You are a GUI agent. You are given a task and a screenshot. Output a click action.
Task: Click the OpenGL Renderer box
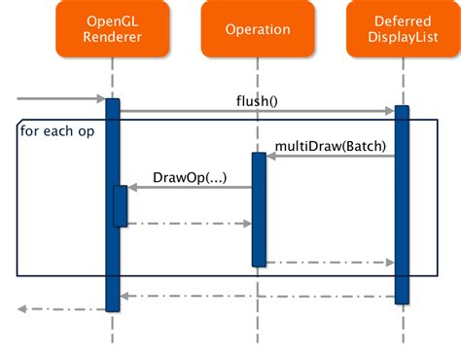[113, 29]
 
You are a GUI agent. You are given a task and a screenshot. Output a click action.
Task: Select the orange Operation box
[258, 29]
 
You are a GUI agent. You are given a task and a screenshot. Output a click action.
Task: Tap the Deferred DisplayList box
[404, 29]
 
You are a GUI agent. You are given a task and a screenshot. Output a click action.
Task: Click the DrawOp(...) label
[191, 177]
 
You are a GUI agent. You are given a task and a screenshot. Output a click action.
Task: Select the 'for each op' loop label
[57, 130]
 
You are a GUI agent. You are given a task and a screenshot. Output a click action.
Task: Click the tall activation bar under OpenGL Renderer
[113, 253]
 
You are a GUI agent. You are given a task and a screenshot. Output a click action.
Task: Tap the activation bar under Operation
[259, 209]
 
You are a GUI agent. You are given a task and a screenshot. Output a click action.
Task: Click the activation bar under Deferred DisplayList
[403, 204]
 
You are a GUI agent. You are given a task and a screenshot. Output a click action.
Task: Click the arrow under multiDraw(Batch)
[331, 156]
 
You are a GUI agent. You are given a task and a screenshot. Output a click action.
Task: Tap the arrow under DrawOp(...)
[190, 188]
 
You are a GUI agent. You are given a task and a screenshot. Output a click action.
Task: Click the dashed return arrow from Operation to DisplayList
[331, 262]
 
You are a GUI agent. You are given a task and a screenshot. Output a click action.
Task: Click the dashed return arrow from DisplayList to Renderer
[258, 297]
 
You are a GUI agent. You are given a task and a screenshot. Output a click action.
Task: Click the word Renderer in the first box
[113, 39]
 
